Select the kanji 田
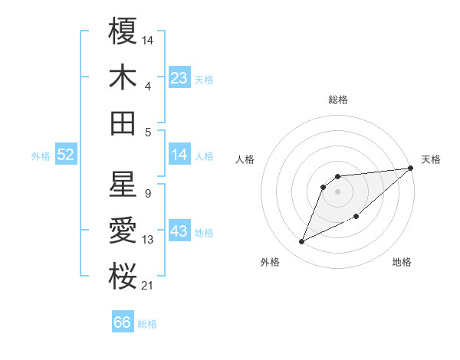coord(123,123)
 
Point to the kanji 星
coord(123,185)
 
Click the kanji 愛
coord(123,231)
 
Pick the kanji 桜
coord(123,277)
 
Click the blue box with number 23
coord(179,77)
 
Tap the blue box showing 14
coord(179,155)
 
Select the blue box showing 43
coord(179,231)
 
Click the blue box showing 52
coord(66,155)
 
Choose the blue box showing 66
coord(123,322)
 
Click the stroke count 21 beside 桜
coord(147,286)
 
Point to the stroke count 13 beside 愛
coord(148,240)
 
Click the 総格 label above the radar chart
coord(337,100)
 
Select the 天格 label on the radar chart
coord(431,159)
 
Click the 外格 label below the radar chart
coord(270,262)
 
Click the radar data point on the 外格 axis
coord(301,241)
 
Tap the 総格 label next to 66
coord(147,324)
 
